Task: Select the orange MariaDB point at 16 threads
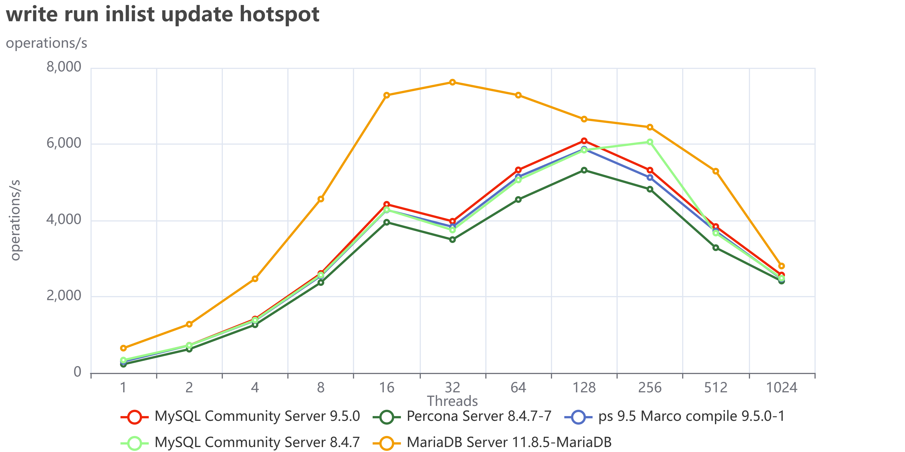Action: pos(386,95)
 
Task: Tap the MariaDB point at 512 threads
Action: pos(716,171)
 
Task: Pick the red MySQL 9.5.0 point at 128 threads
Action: pos(584,141)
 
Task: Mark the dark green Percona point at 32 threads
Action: pos(452,240)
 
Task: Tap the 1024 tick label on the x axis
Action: pos(781,388)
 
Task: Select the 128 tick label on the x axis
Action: pos(584,388)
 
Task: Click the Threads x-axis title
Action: pos(452,401)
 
